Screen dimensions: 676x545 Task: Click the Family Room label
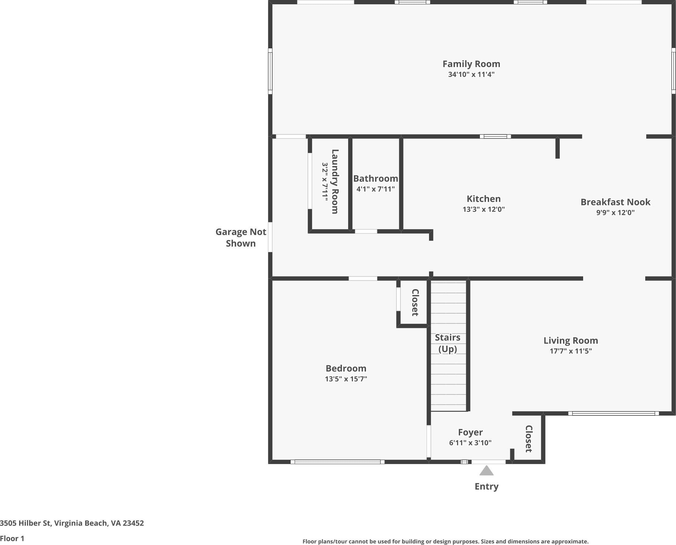(x=471, y=64)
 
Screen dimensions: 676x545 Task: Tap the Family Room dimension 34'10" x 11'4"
(x=471, y=74)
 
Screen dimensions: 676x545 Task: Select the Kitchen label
(x=483, y=199)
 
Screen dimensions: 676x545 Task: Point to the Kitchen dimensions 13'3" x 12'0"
(x=483, y=209)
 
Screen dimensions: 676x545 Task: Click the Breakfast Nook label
(x=615, y=202)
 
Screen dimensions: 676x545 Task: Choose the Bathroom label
(x=376, y=179)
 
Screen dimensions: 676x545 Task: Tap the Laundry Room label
(x=335, y=181)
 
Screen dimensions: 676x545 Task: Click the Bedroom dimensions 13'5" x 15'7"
(x=346, y=379)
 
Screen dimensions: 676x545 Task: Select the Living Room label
(x=571, y=341)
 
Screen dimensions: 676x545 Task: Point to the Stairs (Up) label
(x=447, y=343)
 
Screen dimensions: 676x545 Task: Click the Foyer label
(x=470, y=432)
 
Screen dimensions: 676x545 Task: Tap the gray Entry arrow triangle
(x=486, y=470)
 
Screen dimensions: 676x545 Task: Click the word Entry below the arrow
(x=486, y=487)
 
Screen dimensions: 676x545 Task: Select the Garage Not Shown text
(x=241, y=238)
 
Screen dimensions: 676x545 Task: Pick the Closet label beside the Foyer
(x=529, y=439)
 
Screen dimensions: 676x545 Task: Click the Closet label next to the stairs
(x=415, y=302)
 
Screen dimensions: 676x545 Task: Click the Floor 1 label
(x=12, y=539)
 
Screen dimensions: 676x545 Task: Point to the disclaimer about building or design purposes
(x=445, y=542)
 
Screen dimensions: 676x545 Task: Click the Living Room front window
(x=614, y=413)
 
